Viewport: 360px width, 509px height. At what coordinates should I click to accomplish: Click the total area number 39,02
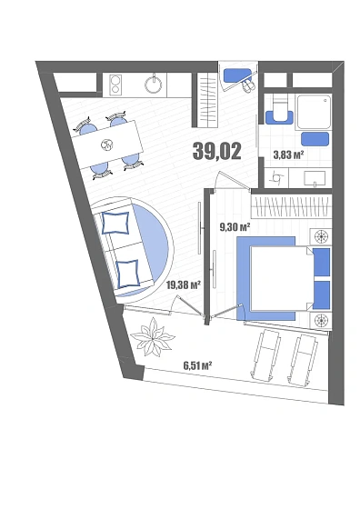pyautogui.click(x=216, y=151)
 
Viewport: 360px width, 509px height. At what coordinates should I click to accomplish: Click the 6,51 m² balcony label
pyautogui.click(x=197, y=364)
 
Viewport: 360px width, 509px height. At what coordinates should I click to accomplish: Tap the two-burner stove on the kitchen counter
pyautogui.click(x=117, y=85)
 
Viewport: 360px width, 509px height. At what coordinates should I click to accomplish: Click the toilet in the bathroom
pyautogui.click(x=278, y=112)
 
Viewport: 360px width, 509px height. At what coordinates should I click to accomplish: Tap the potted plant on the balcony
pyautogui.click(x=153, y=340)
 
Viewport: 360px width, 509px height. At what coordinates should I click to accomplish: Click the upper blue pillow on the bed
pyautogui.click(x=322, y=262)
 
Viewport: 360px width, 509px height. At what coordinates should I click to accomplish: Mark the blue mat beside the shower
pyautogui.click(x=316, y=138)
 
